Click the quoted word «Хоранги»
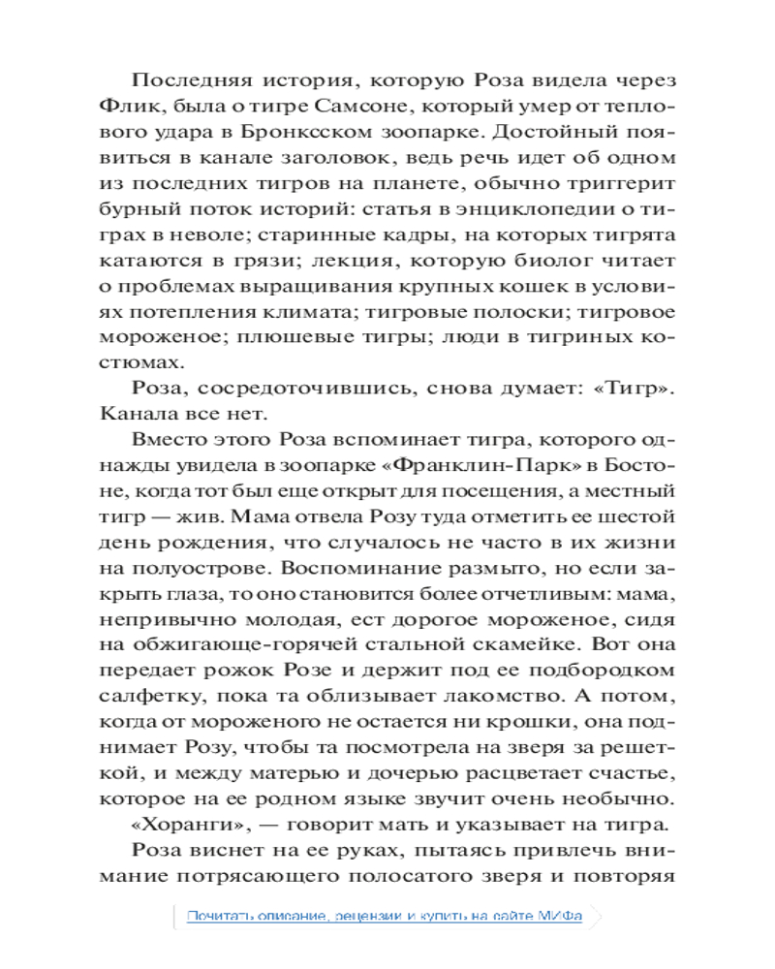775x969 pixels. point(186,826)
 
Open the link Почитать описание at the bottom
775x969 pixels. point(251,916)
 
